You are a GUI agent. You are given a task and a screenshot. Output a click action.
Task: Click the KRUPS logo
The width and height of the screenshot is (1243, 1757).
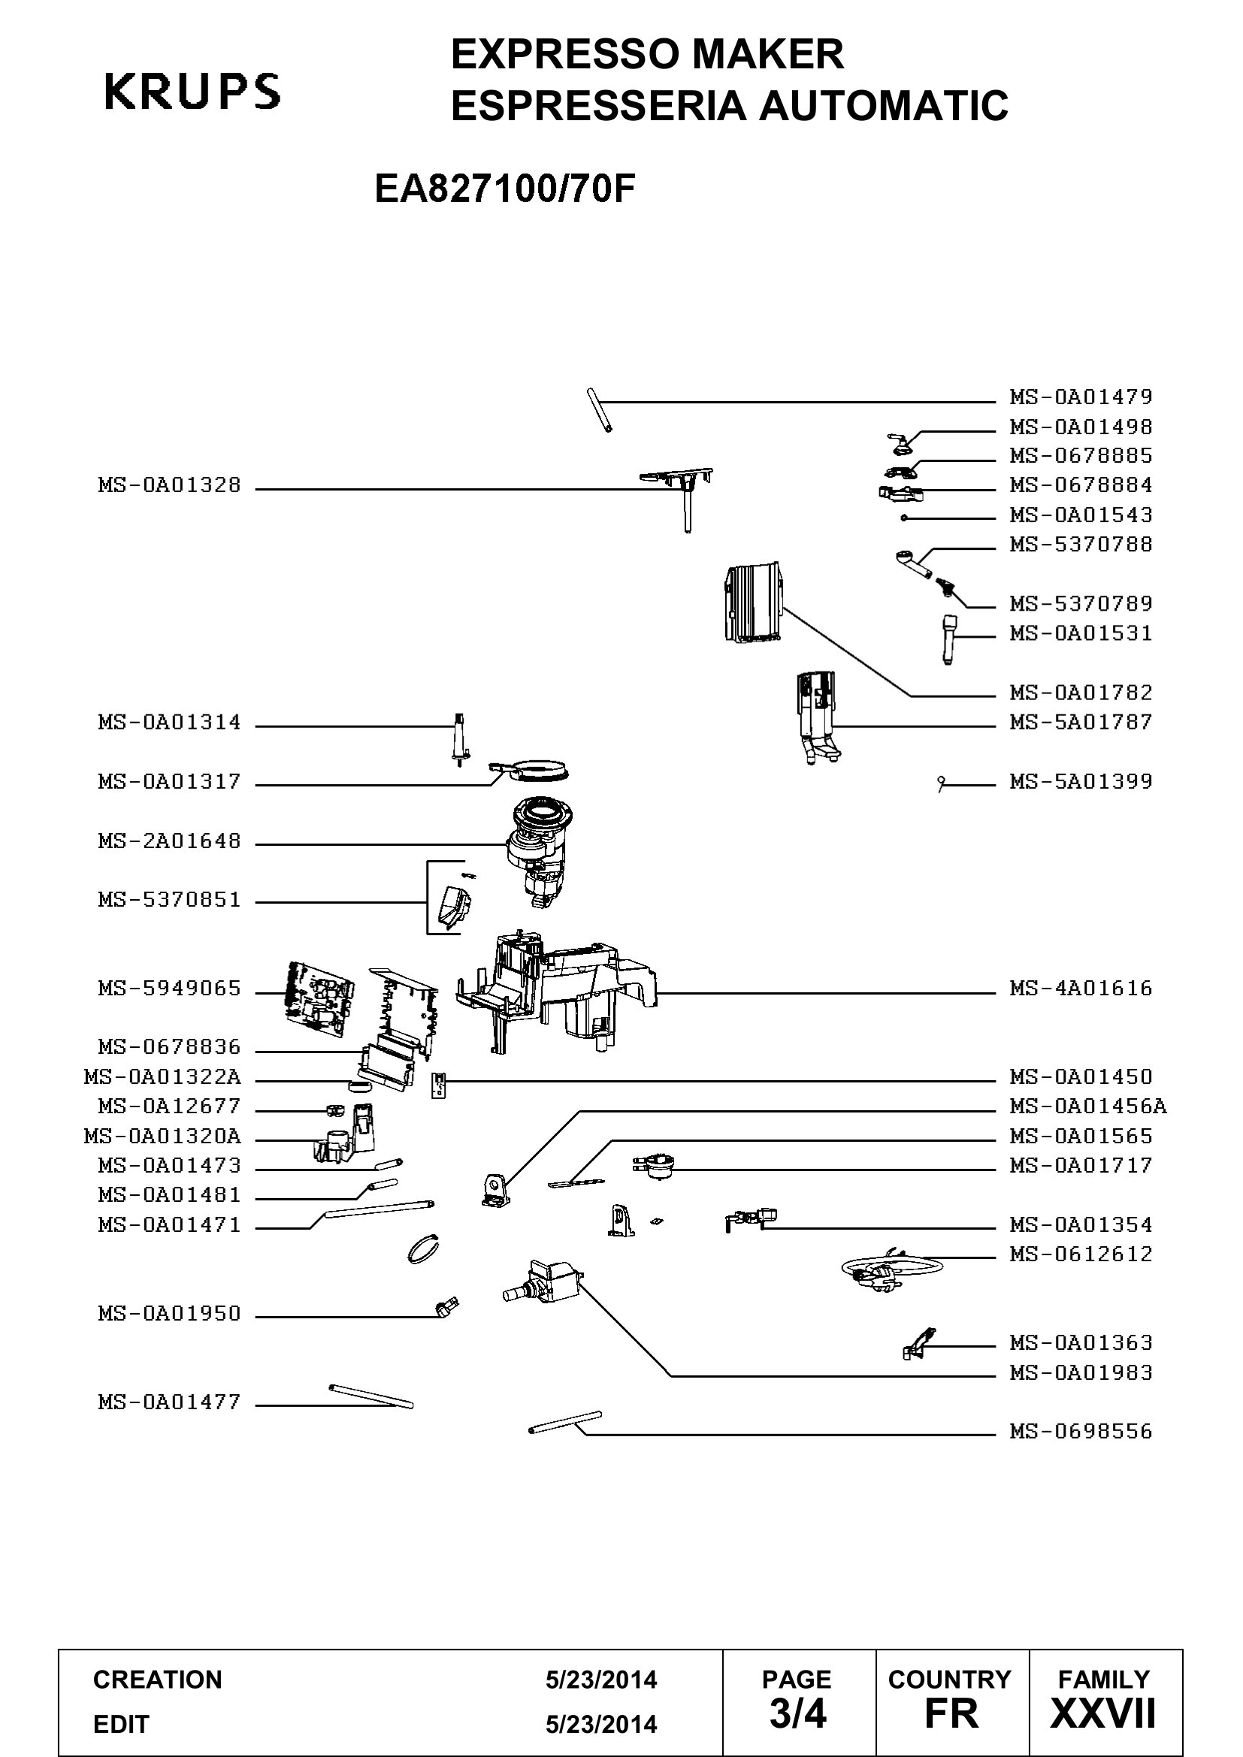coord(192,91)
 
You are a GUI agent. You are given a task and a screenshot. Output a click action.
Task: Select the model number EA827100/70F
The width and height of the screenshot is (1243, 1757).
coord(505,189)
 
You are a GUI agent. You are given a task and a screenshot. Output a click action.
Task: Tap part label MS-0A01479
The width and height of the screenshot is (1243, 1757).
coord(1081,397)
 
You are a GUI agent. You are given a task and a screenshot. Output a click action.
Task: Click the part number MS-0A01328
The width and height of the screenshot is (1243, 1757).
coord(169,485)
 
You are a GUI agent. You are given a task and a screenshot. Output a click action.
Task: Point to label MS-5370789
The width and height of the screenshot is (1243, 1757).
coord(1081,604)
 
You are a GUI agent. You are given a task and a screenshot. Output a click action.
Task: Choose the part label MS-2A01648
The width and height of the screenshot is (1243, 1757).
coord(169,841)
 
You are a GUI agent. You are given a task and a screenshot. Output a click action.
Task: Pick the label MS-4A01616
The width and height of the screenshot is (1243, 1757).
coord(1081,989)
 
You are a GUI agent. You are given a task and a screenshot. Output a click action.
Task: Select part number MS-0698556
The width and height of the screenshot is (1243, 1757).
coord(1081,1431)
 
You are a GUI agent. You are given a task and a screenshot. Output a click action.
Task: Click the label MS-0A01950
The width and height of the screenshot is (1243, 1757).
coord(169,1314)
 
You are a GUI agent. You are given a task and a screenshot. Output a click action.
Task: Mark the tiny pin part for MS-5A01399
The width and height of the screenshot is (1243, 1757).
coord(942,783)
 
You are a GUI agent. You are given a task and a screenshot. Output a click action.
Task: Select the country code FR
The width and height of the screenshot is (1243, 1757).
coord(951,1713)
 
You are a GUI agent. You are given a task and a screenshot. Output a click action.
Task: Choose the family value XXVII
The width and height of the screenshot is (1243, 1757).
coord(1104,1713)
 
